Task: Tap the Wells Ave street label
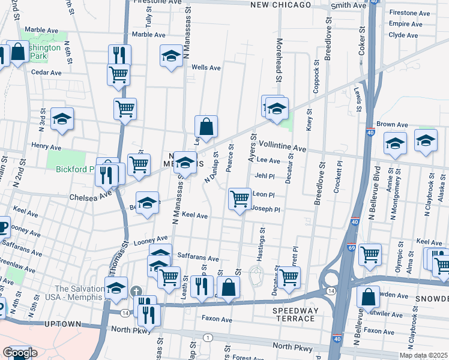pos(206,68)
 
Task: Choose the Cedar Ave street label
pos(46,73)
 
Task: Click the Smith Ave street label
pos(348,5)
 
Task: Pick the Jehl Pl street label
pos(264,176)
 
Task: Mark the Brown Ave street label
pos(393,125)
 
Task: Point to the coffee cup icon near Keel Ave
pos(2,226)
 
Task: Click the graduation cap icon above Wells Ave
pos(172,55)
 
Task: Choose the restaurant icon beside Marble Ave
pos(119,55)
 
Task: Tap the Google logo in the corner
pos(20,353)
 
